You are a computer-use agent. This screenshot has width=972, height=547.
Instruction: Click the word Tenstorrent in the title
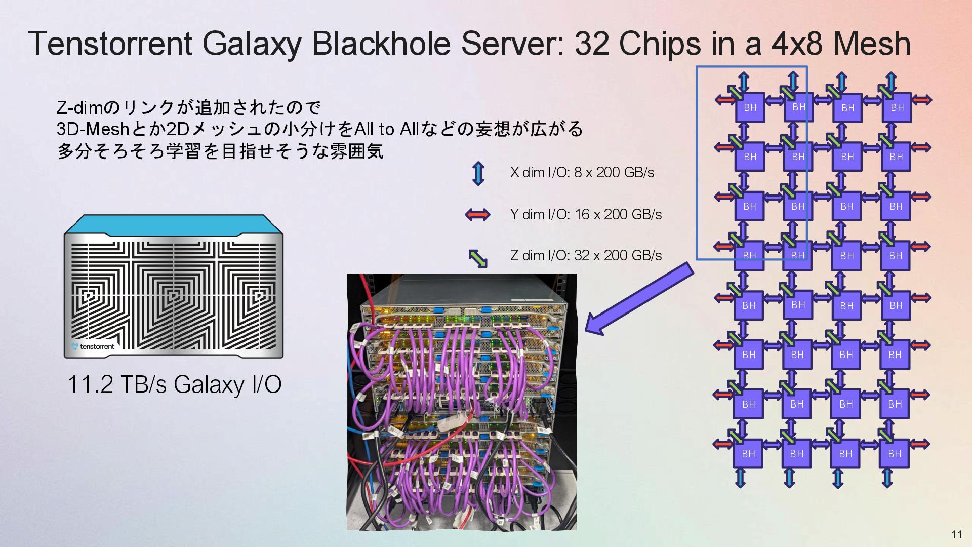[x=110, y=44]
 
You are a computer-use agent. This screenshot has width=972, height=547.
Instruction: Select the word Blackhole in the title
[x=381, y=44]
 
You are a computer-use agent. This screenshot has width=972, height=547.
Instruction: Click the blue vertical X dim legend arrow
[x=478, y=173]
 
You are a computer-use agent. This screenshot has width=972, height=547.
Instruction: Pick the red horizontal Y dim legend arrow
[x=477, y=215]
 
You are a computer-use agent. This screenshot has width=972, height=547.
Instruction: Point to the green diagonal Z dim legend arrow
[x=477, y=258]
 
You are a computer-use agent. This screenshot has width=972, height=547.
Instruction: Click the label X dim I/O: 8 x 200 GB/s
[x=582, y=173]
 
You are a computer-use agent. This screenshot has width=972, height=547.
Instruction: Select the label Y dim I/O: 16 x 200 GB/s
[x=586, y=215]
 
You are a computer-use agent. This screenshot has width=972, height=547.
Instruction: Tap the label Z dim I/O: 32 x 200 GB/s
[x=586, y=255]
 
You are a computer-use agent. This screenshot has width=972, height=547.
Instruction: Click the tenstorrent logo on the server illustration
[x=94, y=346]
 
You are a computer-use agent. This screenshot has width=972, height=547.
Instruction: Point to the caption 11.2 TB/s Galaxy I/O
[x=174, y=384]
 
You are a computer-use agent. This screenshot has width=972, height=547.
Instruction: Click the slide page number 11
[x=957, y=534]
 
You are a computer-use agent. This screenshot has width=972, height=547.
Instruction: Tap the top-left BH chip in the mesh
[x=750, y=107]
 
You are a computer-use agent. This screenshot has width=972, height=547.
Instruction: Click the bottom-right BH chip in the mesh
[x=895, y=454]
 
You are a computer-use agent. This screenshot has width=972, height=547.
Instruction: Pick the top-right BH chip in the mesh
[x=897, y=107]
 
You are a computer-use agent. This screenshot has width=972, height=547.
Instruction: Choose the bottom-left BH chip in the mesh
[x=748, y=454]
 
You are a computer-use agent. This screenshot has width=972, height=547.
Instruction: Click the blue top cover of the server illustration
[x=173, y=224]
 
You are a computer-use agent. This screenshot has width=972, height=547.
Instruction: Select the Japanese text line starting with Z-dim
[x=188, y=107]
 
